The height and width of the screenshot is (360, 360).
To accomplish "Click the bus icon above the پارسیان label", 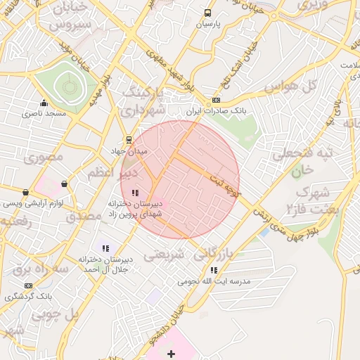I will click(207, 13).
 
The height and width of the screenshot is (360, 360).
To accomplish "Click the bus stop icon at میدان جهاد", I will click(128, 139).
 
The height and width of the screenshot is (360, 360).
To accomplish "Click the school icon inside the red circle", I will click(135, 192).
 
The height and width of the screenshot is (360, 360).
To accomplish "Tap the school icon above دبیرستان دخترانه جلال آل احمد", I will click(105, 247).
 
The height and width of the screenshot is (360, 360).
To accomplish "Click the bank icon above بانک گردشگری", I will click(28, 285).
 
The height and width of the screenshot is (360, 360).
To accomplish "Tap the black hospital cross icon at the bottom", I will click(171, 353).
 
